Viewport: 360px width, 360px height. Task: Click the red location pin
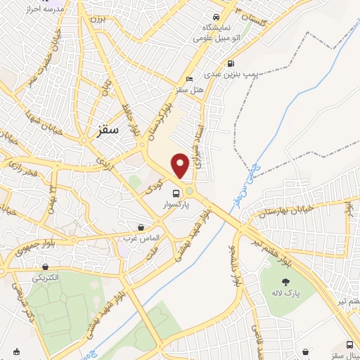pyautogui.click(x=181, y=165)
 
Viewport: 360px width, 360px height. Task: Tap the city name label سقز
pyautogui.click(x=104, y=131)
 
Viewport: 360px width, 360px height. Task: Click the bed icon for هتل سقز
pyautogui.click(x=188, y=79)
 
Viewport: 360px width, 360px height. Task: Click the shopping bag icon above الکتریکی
pyautogui.click(x=46, y=267)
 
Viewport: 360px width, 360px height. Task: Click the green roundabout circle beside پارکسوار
pyautogui.click(x=189, y=191)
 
